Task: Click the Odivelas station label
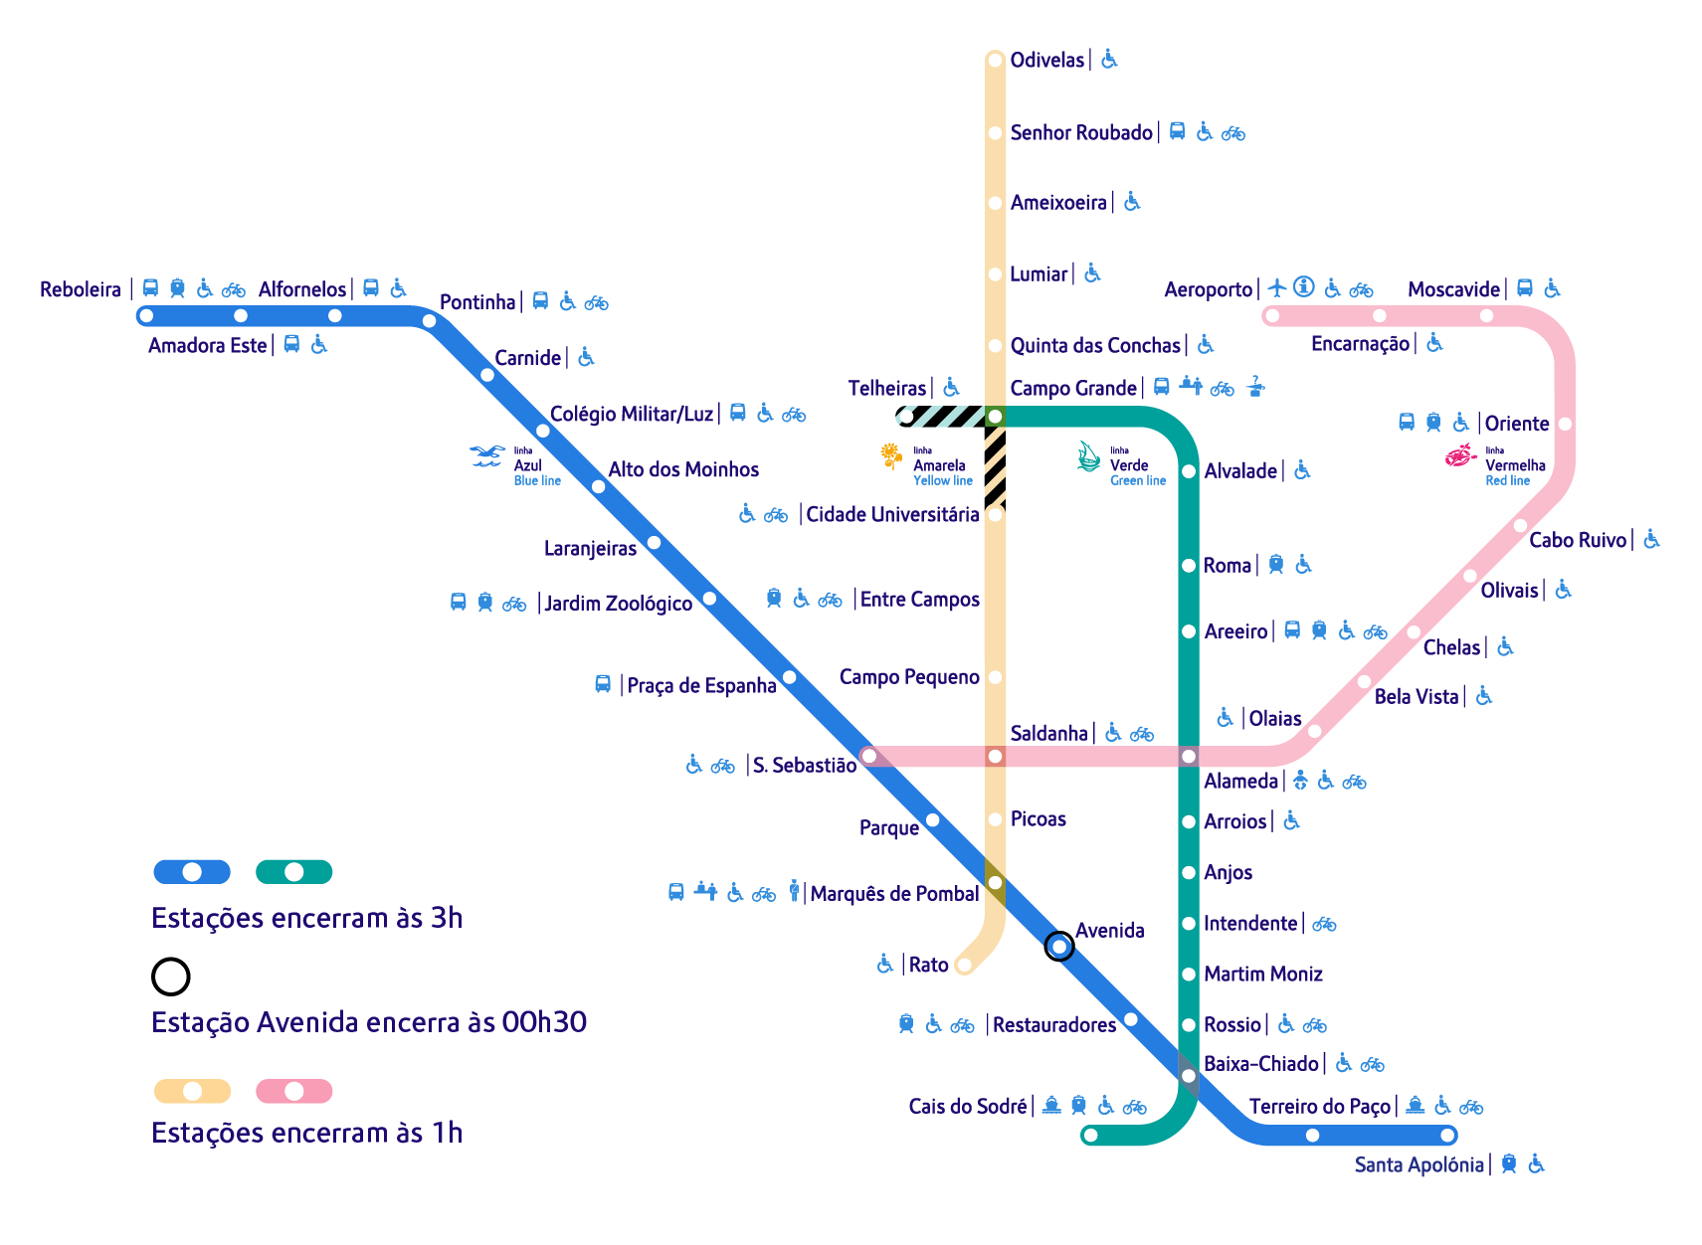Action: point(1046,60)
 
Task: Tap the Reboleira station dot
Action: point(146,316)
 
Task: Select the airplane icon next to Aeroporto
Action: point(1277,288)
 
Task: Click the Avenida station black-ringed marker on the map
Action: point(1059,946)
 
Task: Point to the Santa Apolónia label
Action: point(1418,1164)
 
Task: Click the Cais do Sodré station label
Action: point(967,1106)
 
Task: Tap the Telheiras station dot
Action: point(905,417)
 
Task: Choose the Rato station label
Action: point(928,965)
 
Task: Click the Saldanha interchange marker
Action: point(995,757)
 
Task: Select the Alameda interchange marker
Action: point(1189,757)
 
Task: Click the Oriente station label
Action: point(1517,424)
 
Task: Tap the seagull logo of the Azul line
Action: point(487,456)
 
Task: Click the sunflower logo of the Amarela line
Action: point(891,454)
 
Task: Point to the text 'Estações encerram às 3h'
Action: point(306,918)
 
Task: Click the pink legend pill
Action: point(294,1091)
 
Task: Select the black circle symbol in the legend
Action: point(171,977)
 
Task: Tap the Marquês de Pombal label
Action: point(894,893)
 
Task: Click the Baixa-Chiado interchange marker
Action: point(1189,1076)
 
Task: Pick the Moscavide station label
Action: point(1453,289)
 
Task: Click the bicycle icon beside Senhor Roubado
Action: point(1233,133)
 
